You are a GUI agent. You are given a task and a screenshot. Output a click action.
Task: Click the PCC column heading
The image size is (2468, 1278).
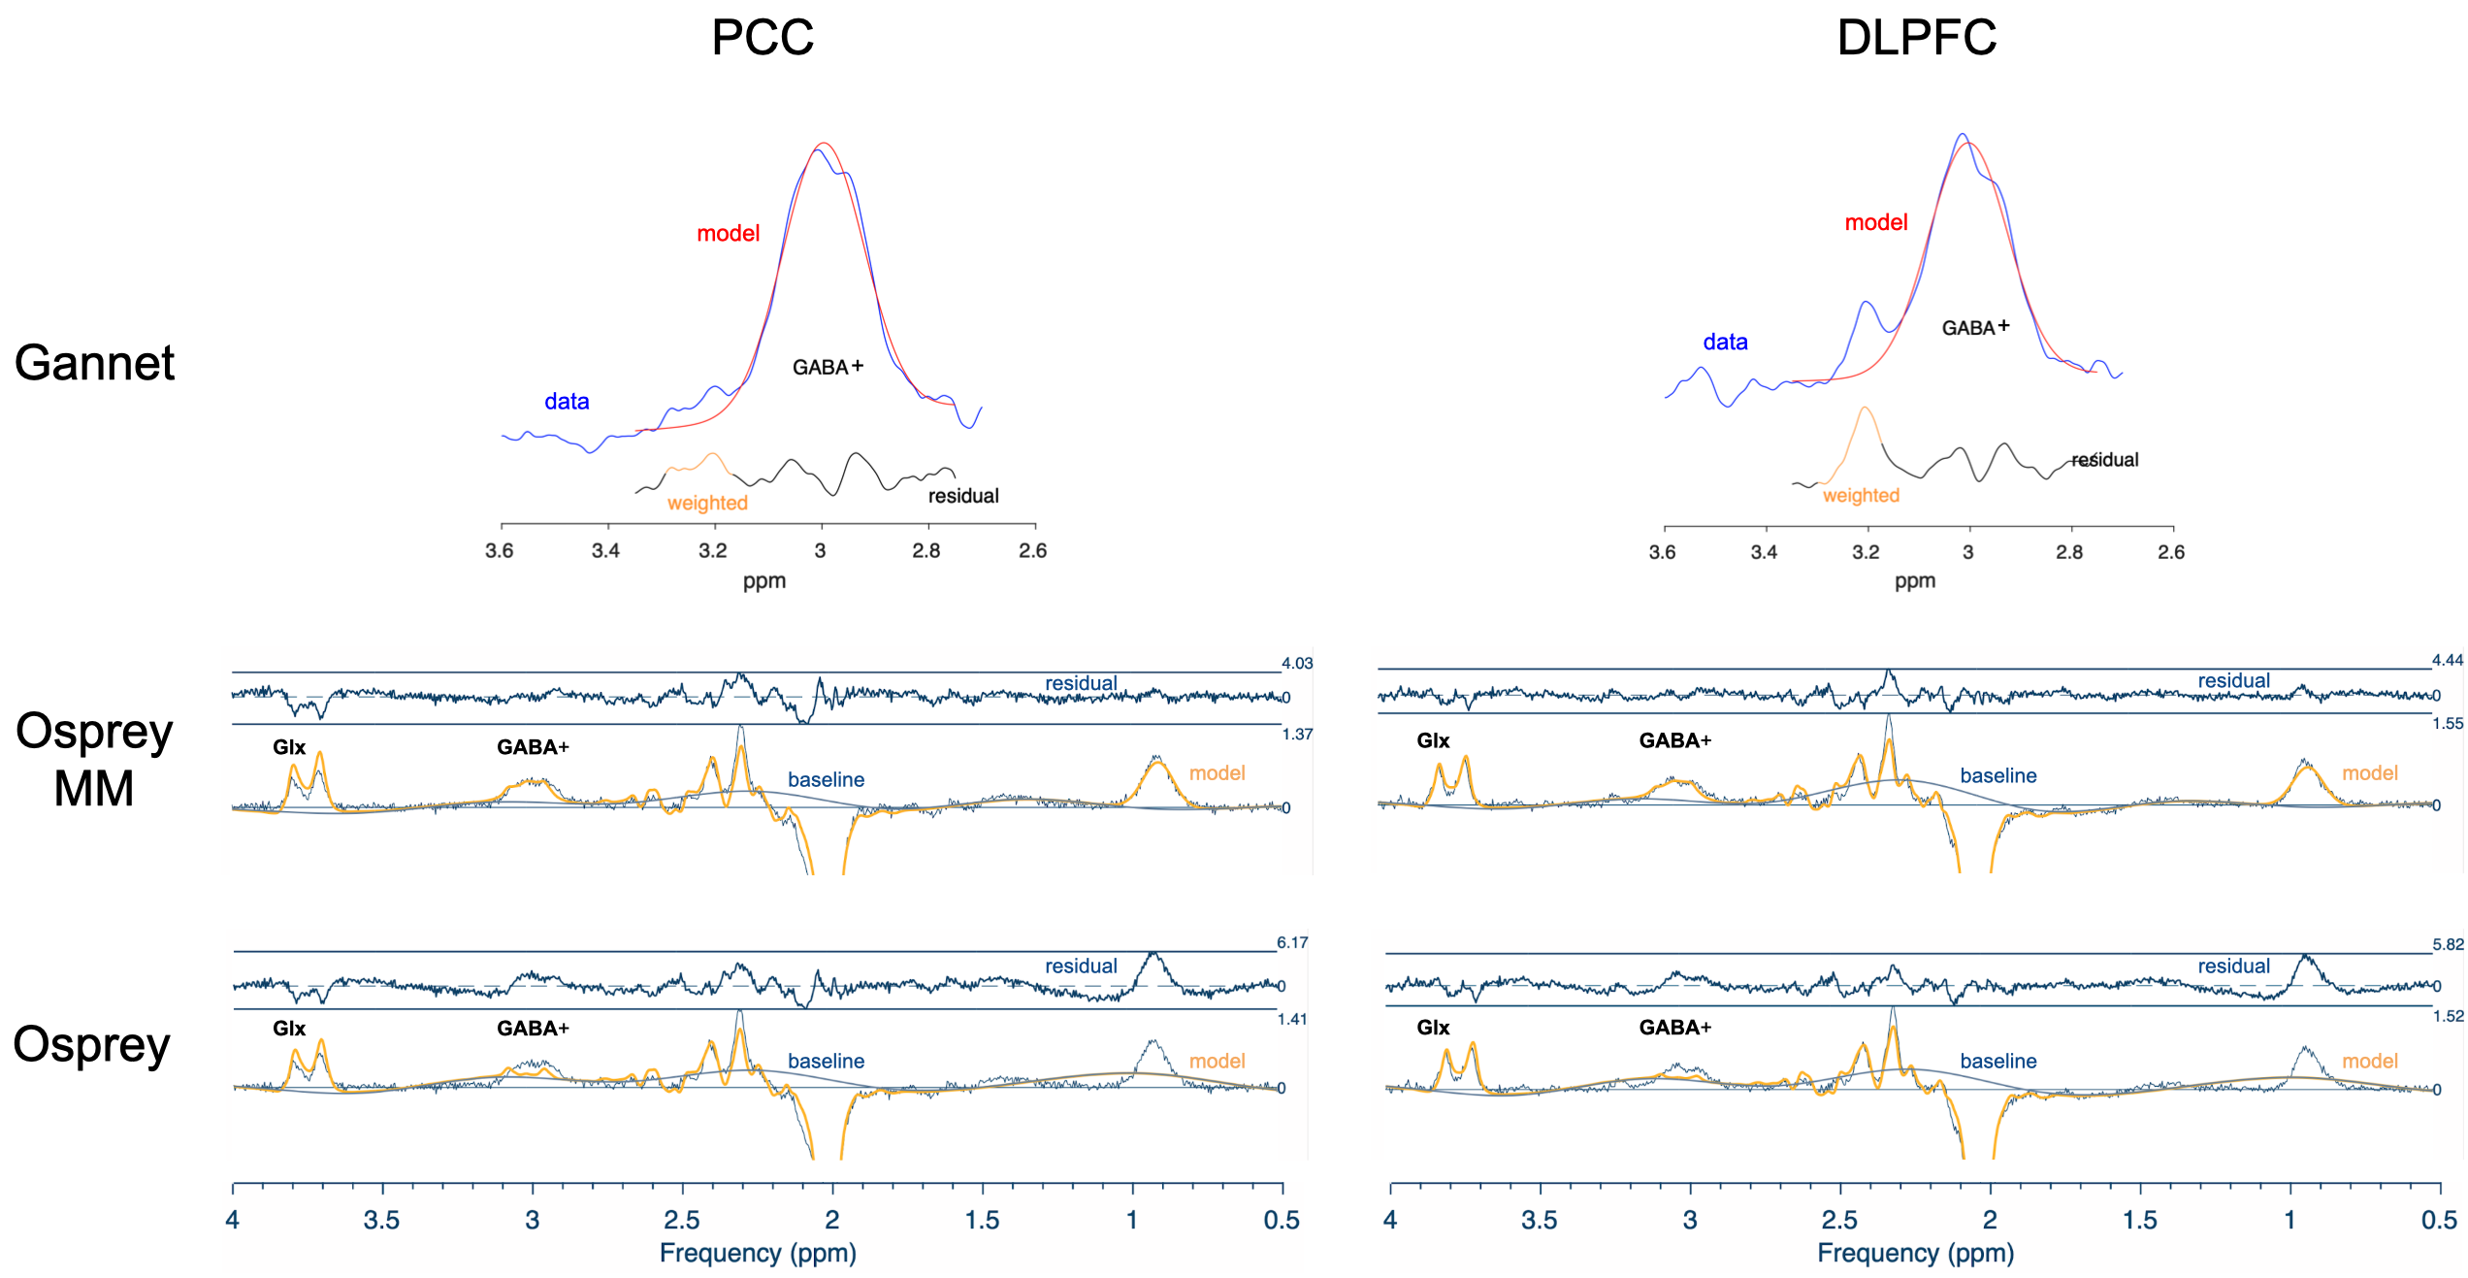[763, 38]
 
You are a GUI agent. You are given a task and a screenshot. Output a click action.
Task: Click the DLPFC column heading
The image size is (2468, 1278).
[1916, 38]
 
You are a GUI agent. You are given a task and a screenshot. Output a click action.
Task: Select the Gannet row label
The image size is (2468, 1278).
[94, 363]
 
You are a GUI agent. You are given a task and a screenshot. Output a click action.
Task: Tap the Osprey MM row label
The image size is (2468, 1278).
[94, 759]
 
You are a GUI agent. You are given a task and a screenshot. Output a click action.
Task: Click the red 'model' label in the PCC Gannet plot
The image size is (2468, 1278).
[728, 233]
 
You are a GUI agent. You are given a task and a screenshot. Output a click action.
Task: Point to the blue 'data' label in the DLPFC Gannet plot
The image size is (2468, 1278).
[1725, 342]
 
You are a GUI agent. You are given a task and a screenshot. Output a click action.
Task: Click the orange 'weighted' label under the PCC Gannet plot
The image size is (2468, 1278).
[707, 503]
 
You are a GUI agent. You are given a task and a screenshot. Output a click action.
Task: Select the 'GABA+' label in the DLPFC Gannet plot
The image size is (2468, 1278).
[1974, 328]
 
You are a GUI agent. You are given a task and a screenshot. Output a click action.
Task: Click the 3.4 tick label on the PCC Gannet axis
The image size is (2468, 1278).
[605, 551]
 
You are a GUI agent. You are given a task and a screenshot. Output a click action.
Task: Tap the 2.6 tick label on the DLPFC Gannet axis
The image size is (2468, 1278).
[2170, 552]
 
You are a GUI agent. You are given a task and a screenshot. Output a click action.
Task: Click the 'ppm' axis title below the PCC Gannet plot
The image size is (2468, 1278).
[764, 581]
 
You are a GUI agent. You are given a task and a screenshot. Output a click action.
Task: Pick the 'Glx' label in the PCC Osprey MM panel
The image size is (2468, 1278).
[289, 747]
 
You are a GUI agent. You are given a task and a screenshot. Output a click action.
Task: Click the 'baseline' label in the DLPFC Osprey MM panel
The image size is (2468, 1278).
[1997, 775]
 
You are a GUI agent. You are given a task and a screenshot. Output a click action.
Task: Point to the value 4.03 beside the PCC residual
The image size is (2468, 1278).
[1296, 664]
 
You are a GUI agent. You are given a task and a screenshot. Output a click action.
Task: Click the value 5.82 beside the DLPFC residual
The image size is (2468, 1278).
[2447, 944]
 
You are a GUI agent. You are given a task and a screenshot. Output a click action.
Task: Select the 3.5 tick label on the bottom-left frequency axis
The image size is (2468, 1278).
[381, 1220]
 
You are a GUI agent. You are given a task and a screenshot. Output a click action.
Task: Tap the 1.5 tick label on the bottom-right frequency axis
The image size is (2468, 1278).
[2139, 1220]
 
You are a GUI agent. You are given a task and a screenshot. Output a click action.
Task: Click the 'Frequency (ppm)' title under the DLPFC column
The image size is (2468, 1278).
[1915, 1253]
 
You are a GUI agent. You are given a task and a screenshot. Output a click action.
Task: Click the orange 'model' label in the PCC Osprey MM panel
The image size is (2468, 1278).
[1217, 772]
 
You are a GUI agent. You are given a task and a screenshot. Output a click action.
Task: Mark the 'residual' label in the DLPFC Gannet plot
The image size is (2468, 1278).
[2104, 460]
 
